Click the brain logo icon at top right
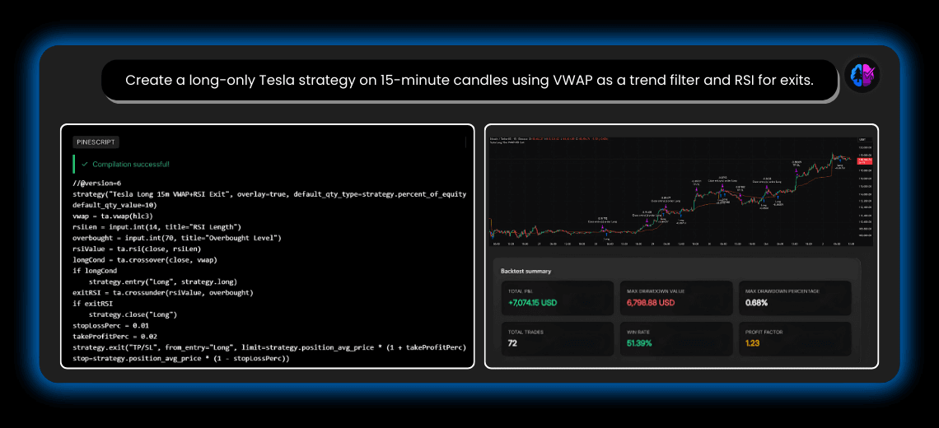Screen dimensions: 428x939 [x=862, y=77]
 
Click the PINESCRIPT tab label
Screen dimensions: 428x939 [x=96, y=142]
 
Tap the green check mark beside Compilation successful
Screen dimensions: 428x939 [x=84, y=164]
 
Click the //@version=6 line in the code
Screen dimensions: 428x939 [x=97, y=184]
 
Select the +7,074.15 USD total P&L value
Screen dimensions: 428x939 [x=533, y=303]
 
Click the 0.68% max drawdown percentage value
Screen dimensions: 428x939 [x=759, y=303]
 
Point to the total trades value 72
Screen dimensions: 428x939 [x=512, y=343]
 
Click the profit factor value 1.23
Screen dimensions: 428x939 [x=754, y=343]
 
